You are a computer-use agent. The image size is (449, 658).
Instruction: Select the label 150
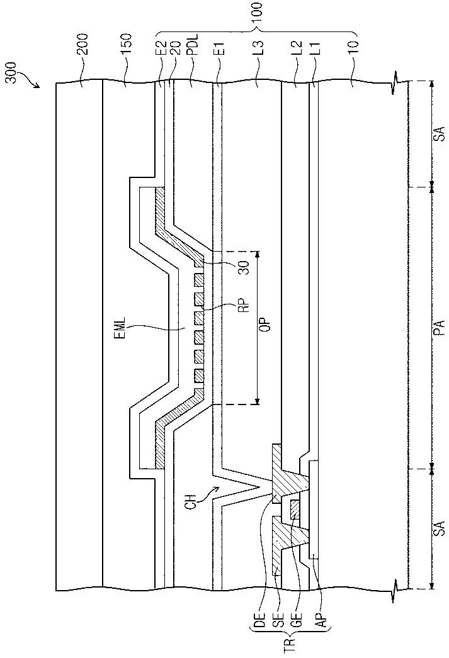(127, 43)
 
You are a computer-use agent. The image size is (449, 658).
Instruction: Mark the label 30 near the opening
(245, 267)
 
